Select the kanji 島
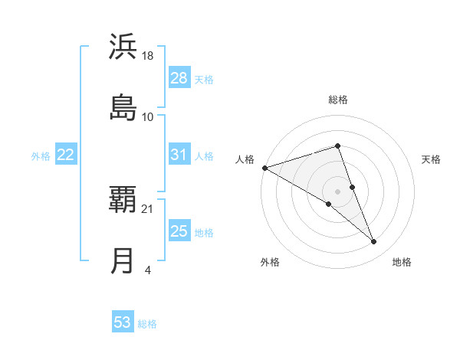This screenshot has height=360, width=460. (123, 107)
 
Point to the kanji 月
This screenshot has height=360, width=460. (123, 260)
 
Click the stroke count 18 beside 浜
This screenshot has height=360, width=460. (148, 55)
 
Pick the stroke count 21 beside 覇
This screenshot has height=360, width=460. (148, 208)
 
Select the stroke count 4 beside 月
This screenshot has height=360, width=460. (147, 270)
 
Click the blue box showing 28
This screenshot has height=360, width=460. (179, 78)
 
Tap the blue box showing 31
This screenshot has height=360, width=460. (179, 155)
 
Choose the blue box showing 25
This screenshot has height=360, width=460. (179, 231)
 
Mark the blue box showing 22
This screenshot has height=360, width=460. (65, 155)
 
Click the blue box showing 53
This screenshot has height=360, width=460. (123, 322)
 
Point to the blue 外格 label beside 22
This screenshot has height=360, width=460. (41, 156)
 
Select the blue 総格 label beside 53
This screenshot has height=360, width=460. (147, 324)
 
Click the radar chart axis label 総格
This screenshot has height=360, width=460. (338, 100)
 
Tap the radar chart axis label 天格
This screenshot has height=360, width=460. (432, 159)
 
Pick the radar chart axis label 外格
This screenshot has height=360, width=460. (270, 262)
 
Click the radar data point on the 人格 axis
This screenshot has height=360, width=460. (264, 168)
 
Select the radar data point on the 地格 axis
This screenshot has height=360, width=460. (374, 242)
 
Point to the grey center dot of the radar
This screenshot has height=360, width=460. (338, 191)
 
